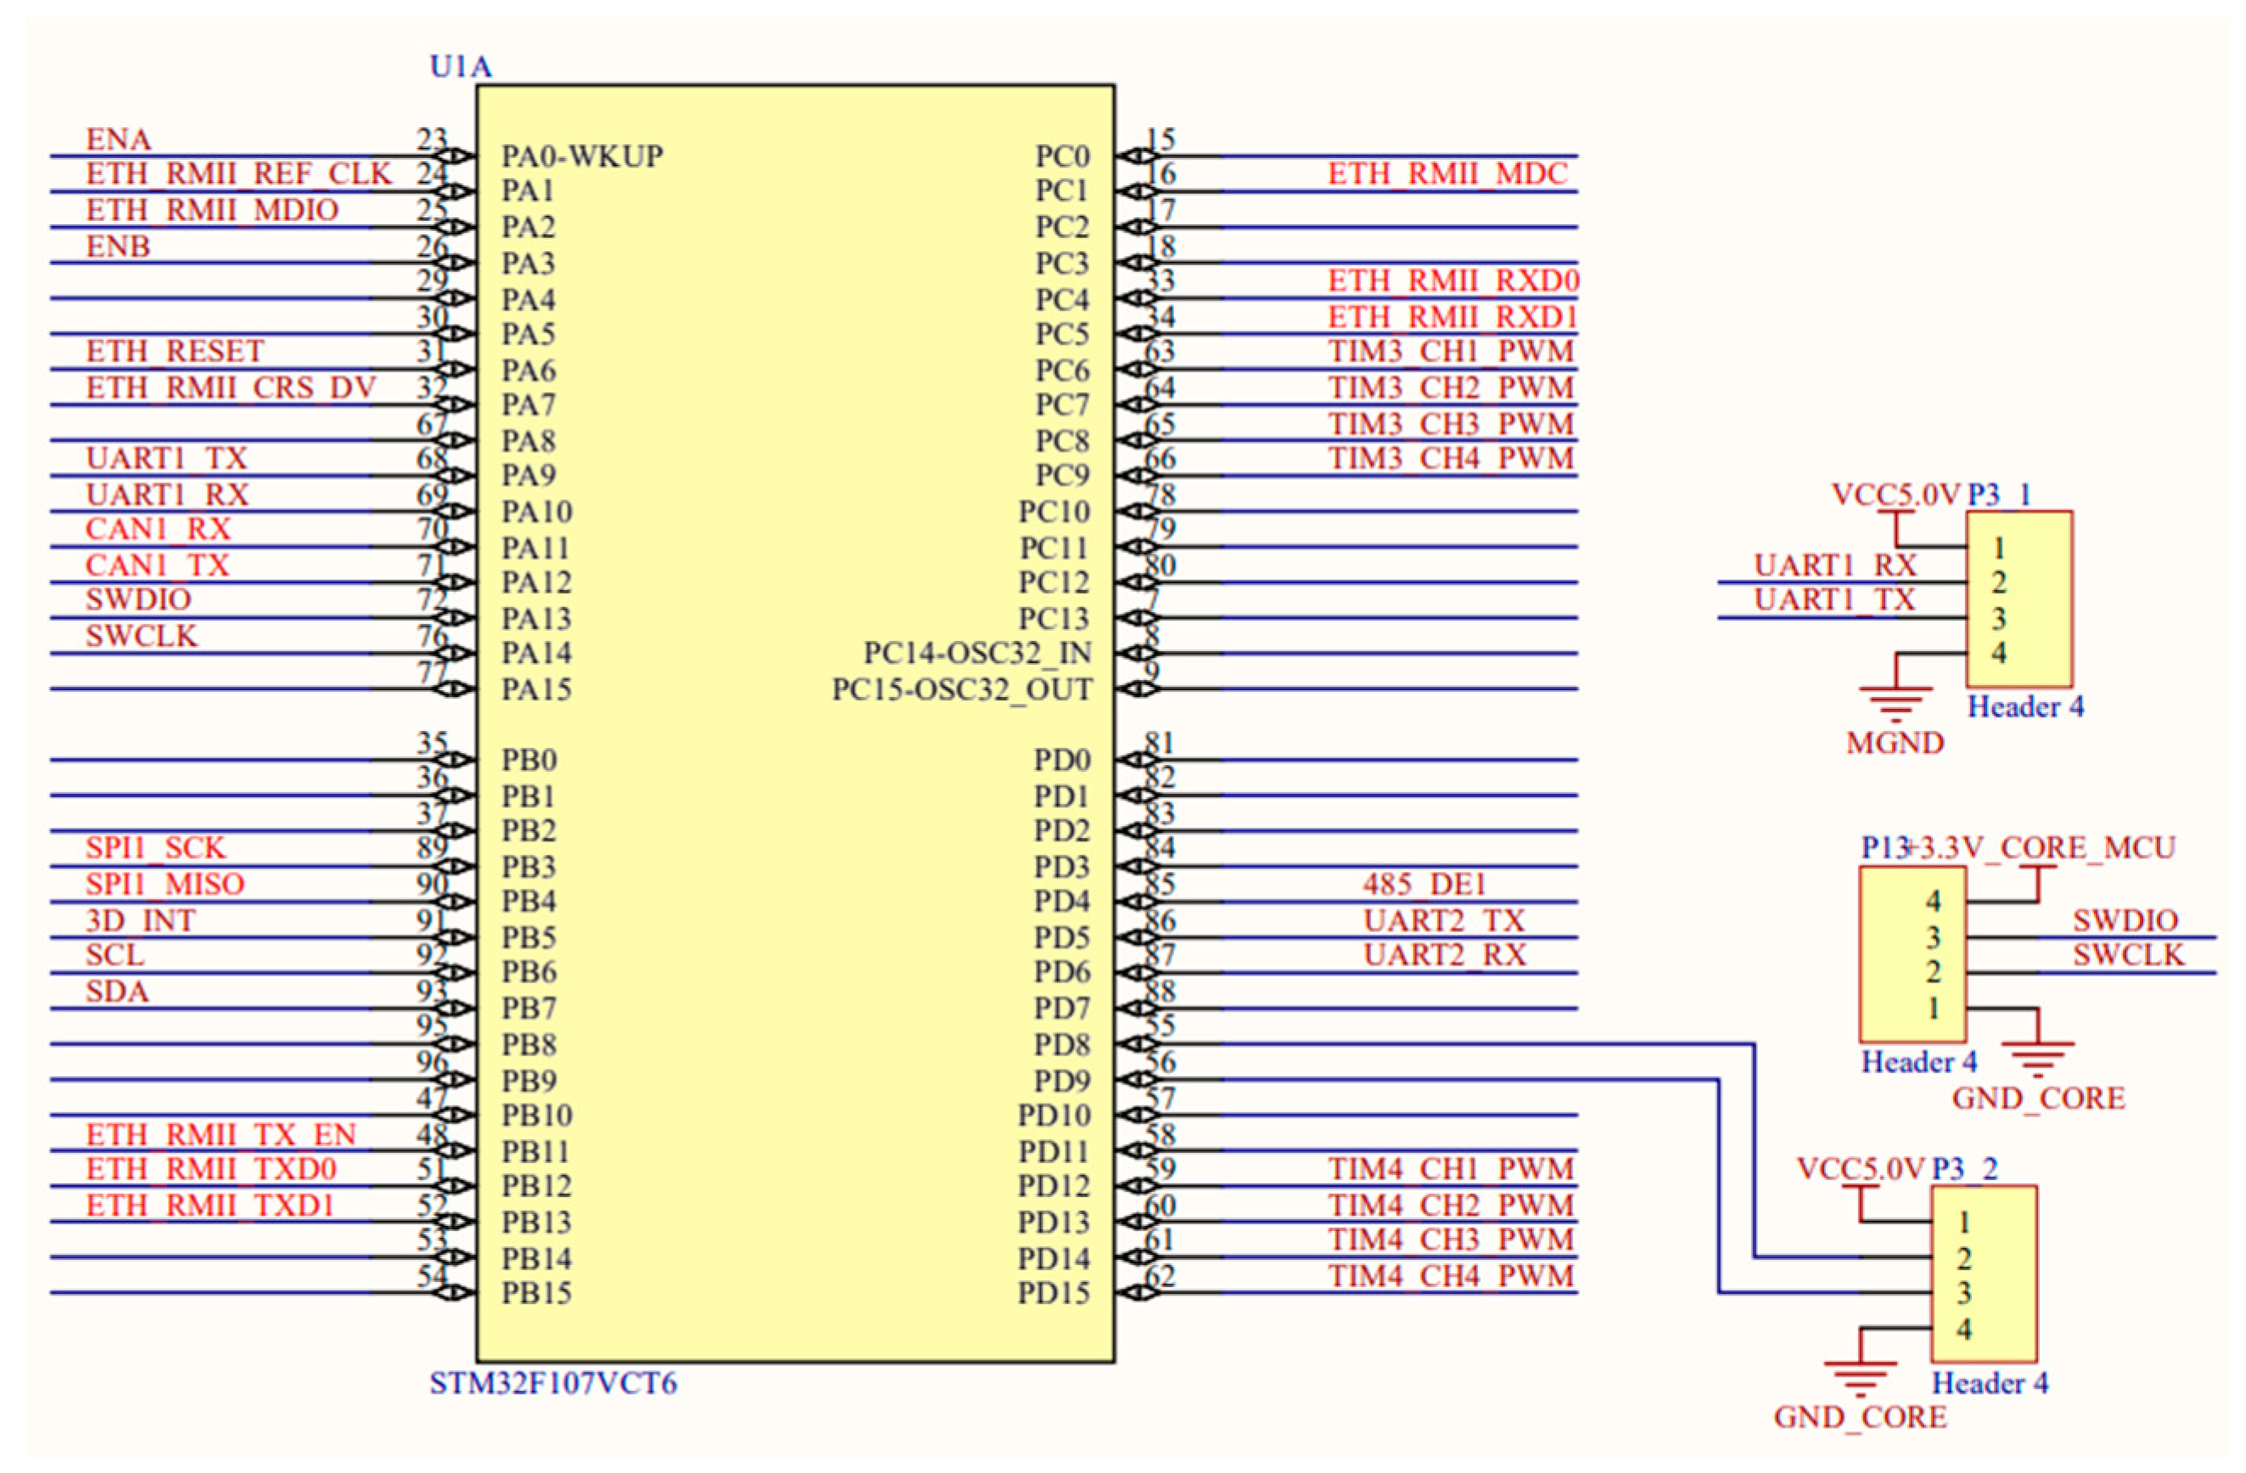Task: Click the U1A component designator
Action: [x=461, y=67]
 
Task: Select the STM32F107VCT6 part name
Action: [x=553, y=1383]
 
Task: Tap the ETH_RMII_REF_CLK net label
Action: [x=238, y=174]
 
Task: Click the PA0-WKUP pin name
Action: [x=581, y=155]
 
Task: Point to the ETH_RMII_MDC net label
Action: [x=1447, y=174]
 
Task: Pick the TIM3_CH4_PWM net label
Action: [x=1451, y=458]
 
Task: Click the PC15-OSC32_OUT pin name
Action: [x=961, y=689]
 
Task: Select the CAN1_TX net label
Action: [x=157, y=565]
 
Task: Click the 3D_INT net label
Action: [x=140, y=920]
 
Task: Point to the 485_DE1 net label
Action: [x=1424, y=884]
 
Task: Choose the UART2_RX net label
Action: [x=1444, y=955]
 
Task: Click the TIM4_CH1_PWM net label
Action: [x=1451, y=1169]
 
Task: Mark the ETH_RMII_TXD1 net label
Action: [x=210, y=1205]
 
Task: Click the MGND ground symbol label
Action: [x=1894, y=743]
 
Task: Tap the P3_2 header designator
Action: [x=1965, y=1169]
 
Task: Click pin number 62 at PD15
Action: [x=1159, y=1276]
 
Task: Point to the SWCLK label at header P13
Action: [x=2128, y=955]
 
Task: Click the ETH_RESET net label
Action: [x=175, y=351]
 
